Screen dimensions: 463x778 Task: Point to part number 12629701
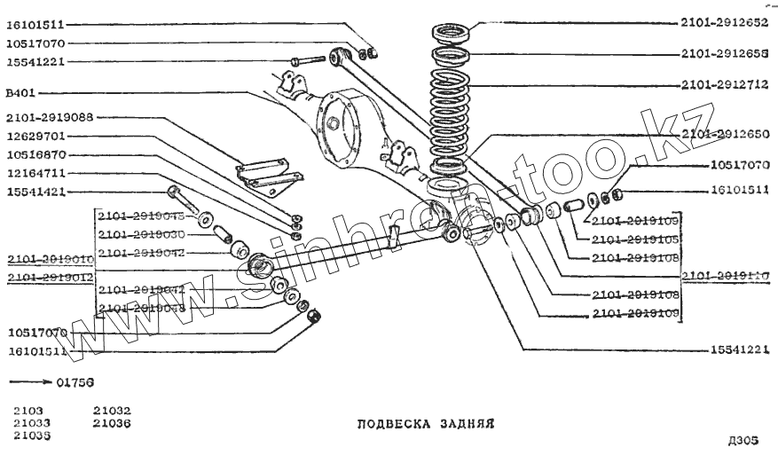(x=35, y=137)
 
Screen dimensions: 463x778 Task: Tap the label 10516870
(x=35, y=154)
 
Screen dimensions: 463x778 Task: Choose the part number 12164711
(x=35, y=172)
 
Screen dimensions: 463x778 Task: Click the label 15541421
(x=35, y=192)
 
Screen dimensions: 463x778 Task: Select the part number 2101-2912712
(x=724, y=86)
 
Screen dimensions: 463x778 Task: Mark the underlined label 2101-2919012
(x=50, y=278)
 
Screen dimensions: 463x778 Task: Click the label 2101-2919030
(x=142, y=234)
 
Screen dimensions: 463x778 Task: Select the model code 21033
(x=32, y=424)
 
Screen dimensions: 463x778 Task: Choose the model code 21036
(x=112, y=424)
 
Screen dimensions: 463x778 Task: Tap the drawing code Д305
(x=742, y=439)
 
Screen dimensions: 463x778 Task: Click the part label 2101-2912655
(x=724, y=54)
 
